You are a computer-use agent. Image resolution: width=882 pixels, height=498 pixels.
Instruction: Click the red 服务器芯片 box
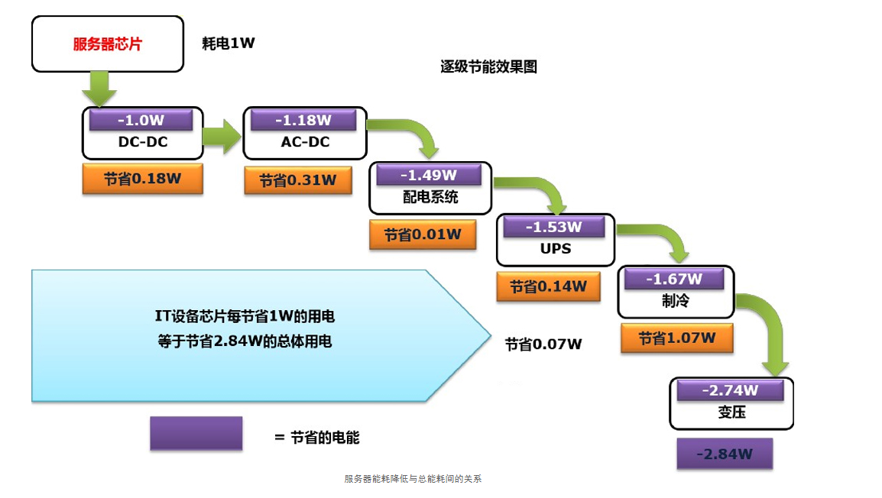point(107,44)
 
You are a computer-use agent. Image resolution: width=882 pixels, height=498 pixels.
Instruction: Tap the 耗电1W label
point(228,44)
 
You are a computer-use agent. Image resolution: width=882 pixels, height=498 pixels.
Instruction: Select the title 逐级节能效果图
point(488,67)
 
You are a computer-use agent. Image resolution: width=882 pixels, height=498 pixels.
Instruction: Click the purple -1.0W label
point(141,121)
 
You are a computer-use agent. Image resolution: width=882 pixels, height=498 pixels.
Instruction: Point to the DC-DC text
point(143,142)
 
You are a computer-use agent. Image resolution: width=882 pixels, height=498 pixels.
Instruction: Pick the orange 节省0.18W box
point(143,179)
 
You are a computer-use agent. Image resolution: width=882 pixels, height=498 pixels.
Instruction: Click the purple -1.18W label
point(303,121)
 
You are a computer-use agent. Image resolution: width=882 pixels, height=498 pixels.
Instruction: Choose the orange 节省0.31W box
point(298,180)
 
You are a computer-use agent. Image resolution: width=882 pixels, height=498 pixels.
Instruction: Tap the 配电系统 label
point(430,196)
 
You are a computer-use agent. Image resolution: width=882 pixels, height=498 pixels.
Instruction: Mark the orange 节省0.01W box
point(423,234)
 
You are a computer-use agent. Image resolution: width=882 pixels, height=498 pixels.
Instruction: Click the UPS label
point(556,248)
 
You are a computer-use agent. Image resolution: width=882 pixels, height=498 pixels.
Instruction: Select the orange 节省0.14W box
point(548,286)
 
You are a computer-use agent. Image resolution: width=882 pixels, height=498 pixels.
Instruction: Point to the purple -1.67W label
point(673,280)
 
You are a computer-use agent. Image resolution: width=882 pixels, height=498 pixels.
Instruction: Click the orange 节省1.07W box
point(676,338)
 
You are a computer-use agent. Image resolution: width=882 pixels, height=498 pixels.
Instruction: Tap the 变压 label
point(731,412)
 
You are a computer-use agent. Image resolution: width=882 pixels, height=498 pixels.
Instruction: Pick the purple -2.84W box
point(725,454)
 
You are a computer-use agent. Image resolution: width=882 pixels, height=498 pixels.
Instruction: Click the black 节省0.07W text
point(543,344)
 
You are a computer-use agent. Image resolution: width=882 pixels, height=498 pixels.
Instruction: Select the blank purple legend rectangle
point(196,433)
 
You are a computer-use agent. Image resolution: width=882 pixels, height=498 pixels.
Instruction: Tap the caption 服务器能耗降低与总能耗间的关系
point(413,479)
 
